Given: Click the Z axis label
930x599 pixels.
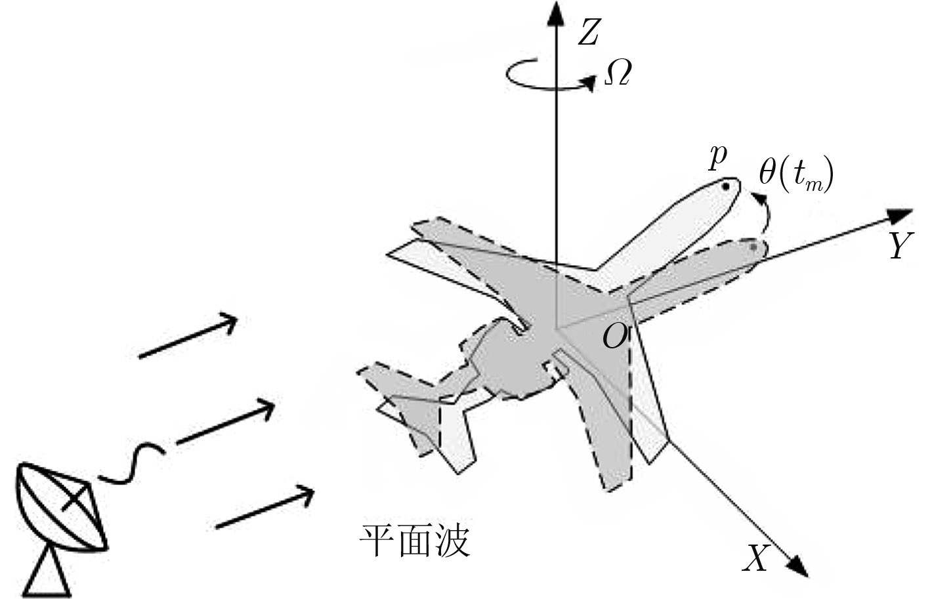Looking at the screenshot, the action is (x=589, y=32).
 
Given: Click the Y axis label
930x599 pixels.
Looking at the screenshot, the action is (x=901, y=245).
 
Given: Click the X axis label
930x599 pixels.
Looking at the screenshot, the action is (x=756, y=558).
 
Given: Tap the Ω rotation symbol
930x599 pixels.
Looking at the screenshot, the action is (x=618, y=72).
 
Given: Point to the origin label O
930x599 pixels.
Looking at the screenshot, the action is (x=614, y=337).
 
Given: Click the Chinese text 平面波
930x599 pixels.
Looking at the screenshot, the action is (x=415, y=541).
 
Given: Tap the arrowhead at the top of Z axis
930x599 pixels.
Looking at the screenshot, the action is (x=556, y=12).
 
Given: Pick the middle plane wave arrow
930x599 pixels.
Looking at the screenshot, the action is (x=225, y=421).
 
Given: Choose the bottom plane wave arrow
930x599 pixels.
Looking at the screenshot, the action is (x=265, y=507).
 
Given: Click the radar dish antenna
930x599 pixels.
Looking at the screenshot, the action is (x=62, y=507).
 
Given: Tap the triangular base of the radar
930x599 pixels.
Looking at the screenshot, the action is (x=47, y=573).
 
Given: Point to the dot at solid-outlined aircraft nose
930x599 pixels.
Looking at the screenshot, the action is (x=725, y=186).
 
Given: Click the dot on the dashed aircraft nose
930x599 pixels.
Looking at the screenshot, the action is (x=753, y=247).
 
